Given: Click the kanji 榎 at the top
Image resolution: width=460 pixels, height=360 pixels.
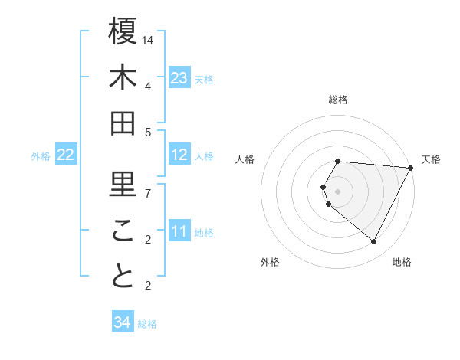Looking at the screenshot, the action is pyautogui.click(x=123, y=33).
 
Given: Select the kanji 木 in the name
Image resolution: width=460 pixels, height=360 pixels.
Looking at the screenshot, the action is pyautogui.click(x=123, y=78).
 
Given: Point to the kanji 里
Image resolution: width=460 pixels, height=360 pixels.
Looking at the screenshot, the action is pyautogui.click(x=123, y=184).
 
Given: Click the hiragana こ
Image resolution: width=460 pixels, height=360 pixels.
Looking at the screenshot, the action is pyautogui.click(x=123, y=231).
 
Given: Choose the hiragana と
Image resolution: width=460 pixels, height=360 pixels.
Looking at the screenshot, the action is pyautogui.click(x=123, y=277).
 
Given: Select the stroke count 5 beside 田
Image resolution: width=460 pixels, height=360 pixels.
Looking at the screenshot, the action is pyautogui.click(x=148, y=132).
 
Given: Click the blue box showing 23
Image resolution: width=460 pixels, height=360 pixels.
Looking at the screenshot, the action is pyautogui.click(x=179, y=78).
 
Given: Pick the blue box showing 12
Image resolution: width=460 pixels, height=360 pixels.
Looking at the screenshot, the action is pyautogui.click(x=179, y=155).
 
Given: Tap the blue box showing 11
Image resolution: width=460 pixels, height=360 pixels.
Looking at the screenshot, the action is pyautogui.click(x=179, y=231).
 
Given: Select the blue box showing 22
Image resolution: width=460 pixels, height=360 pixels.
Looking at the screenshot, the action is pyautogui.click(x=65, y=155).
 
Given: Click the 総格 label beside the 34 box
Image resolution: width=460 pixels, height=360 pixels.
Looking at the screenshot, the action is pyautogui.click(x=148, y=324).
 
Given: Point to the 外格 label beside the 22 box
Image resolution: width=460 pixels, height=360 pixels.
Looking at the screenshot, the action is pyautogui.click(x=41, y=156).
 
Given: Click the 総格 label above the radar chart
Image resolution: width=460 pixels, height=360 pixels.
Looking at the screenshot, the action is pyautogui.click(x=338, y=100).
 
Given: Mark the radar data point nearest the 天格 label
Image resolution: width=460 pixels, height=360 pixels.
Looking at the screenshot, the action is pyautogui.click(x=411, y=168).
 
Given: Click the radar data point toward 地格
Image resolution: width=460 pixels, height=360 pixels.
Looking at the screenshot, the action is pyautogui.click(x=373, y=242).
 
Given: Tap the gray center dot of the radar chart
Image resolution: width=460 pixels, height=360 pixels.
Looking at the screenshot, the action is pyautogui.click(x=338, y=191).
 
